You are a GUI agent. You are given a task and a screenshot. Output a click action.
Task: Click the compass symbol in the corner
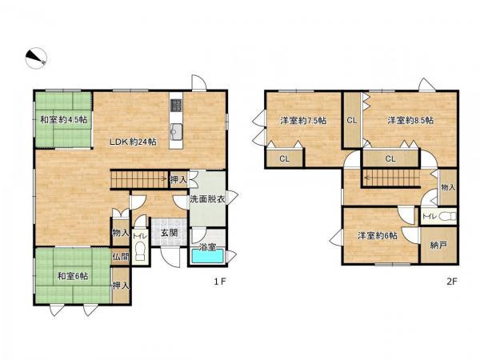point(36,58)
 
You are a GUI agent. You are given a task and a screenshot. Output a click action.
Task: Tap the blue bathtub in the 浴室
point(207,256)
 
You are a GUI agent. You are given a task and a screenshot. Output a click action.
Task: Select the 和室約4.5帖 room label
point(64,119)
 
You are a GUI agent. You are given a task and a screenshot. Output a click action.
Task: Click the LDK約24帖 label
point(133,142)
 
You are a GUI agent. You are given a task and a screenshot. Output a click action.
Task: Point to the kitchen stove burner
point(176,106)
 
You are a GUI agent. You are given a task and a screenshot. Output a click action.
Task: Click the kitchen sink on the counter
point(176,130)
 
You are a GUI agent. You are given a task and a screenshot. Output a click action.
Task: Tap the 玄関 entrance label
point(170,233)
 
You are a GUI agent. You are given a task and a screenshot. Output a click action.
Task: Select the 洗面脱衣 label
point(207,199)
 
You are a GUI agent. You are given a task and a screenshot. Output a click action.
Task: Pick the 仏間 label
point(121,257)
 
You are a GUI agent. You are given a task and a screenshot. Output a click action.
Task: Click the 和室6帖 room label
point(73,276)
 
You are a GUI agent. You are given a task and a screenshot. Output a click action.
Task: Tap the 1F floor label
point(219,282)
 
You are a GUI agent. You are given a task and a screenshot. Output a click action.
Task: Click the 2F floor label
point(451,282)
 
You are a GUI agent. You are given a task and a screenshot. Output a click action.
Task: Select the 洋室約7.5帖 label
point(303,120)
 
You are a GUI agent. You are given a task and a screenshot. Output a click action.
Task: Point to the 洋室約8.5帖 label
point(410,120)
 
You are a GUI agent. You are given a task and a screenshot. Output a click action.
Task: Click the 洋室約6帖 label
point(378,235)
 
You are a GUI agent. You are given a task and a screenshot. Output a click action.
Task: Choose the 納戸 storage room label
point(438,245)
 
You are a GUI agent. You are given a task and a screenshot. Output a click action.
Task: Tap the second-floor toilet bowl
point(447,217)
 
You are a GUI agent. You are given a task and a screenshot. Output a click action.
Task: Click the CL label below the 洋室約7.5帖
point(284,159)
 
